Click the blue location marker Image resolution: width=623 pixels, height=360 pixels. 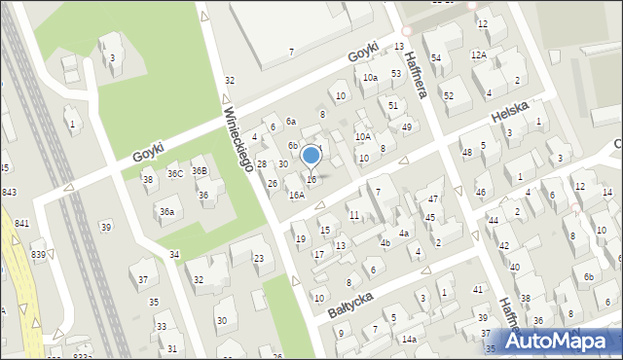pyautogui.click(x=311, y=156)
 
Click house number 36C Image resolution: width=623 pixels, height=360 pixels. pyautogui.click(x=175, y=174)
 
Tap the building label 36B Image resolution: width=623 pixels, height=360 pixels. pyautogui.click(x=199, y=171)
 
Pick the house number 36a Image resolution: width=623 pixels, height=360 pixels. pyautogui.click(x=167, y=211)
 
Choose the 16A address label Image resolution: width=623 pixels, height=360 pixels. pyautogui.click(x=296, y=195)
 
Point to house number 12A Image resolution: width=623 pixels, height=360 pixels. pyautogui.click(x=478, y=55)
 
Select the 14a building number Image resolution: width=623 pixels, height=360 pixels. pyautogui.click(x=409, y=339)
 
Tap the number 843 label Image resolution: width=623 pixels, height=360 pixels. pyautogui.click(x=9, y=192)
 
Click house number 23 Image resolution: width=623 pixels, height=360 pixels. pyautogui.click(x=259, y=258)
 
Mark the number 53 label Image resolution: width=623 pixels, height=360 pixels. pyautogui.click(x=396, y=73)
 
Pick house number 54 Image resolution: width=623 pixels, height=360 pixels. pyautogui.click(x=436, y=58)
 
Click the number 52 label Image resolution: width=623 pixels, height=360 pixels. pyautogui.click(x=449, y=95)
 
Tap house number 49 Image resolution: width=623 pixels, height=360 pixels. pyautogui.click(x=406, y=126)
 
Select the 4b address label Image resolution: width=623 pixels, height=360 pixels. pyautogui.click(x=385, y=242)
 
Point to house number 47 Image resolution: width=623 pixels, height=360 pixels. pyautogui.click(x=432, y=198)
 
